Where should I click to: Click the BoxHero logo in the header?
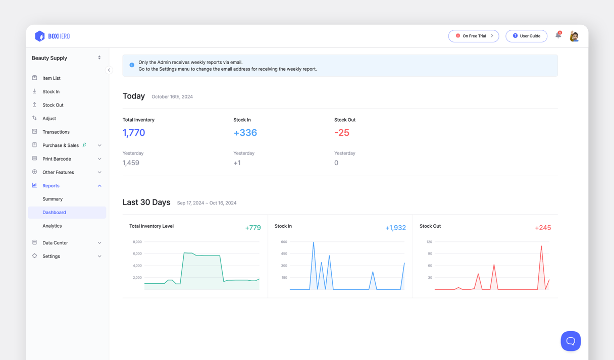(52, 36)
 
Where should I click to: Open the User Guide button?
(526, 36)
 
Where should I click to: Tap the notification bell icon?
(558, 35)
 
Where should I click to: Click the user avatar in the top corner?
(574, 36)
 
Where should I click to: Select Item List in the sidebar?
(51, 78)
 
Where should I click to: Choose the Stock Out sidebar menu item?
(53, 105)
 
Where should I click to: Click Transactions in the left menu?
(56, 132)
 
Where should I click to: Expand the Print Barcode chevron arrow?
(99, 159)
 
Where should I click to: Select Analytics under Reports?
(52, 226)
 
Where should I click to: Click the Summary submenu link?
(53, 199)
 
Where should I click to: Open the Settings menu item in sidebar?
(51, 256)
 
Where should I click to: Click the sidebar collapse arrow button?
(109, 70)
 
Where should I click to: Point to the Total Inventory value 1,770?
(134, 133)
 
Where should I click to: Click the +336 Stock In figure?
(245, 133)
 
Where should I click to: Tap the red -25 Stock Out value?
(342, 133)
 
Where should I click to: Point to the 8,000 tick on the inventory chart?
(137, 242)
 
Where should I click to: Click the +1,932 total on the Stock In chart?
(395, 228)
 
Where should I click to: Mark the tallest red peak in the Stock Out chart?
(541, 247)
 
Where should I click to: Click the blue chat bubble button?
(571, 341)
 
